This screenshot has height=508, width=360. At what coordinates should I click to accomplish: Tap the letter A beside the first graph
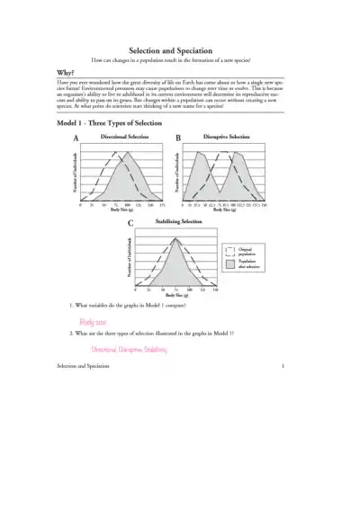tap(76, 138)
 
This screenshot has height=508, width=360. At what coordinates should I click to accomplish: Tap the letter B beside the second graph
tap(178, 138)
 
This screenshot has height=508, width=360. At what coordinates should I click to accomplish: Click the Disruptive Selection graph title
tap(226, 137)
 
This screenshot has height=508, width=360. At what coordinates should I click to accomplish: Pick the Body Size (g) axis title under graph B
tap(226, 209)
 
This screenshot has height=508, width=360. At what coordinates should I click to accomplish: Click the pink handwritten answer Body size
tap(92, 321)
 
